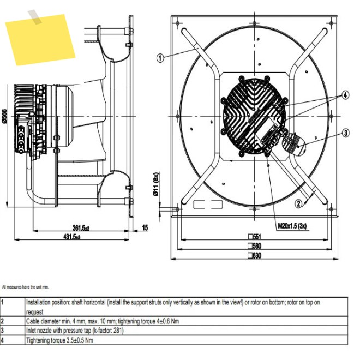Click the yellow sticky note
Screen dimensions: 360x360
pos(40,39)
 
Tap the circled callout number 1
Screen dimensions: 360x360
pos(160,58)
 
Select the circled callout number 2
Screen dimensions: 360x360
pos(298,203)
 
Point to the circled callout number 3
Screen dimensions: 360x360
pos(346,133)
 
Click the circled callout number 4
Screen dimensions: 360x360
pos(345,95)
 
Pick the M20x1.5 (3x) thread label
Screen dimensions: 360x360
pos(292,226)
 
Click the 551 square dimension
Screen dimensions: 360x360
pos(255,237)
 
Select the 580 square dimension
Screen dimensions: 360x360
pos(255,246)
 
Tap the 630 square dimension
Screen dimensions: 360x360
pos(255,255)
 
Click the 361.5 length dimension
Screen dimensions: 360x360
pos(81,228)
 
